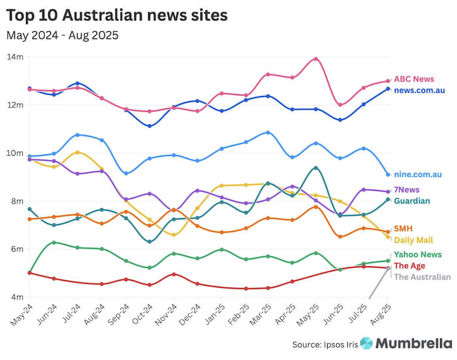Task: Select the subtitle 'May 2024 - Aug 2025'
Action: (x=63, y=35)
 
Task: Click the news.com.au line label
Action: (x=419, y=90)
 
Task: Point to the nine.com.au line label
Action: (x=418, y=174)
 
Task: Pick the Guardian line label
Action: (x=413, y=200)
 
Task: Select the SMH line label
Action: (x=403, y=229)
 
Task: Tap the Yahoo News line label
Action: (x=418, y=254)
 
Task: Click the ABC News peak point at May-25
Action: (x=316, y=59)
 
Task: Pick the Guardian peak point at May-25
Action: (x=316, y=168)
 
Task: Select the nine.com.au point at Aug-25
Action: (x=388, y=175)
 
